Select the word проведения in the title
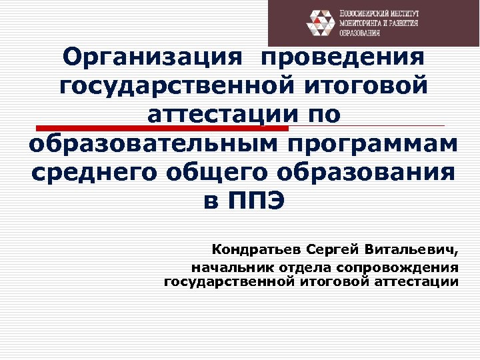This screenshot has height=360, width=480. tap(344, 58)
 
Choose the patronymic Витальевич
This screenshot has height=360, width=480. tap(413, 251)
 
